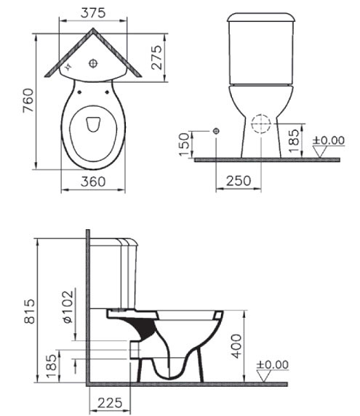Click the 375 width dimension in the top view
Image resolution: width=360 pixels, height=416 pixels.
pos(93,13)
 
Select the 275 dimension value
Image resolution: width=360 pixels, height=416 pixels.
pos(157,57)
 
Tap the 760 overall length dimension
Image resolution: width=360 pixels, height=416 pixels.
pos(28,100)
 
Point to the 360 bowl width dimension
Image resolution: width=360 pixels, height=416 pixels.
pos(93,182)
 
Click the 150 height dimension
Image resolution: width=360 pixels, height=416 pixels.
pos(185,144)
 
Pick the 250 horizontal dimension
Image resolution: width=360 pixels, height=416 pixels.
pos(239,180)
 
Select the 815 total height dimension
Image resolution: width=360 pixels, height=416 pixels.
pos(29,311)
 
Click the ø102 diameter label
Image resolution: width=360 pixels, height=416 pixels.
pos(68,306)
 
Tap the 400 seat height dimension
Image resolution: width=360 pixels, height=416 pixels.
pos(236,346)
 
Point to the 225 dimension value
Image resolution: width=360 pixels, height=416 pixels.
pos(110,403)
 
